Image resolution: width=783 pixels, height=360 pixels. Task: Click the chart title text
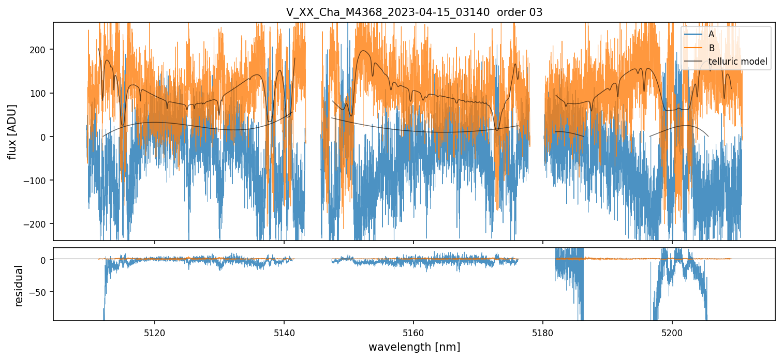(x=414, y=12)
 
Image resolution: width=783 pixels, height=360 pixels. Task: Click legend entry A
(x=712, y=34)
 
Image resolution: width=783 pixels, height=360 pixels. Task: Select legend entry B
(x=712, y=48)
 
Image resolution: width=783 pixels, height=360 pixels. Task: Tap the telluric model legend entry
(x=737, y=62)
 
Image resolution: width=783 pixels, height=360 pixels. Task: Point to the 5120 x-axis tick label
(x=154, y=331)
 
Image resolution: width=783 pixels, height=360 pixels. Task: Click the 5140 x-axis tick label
(x=284, y=331)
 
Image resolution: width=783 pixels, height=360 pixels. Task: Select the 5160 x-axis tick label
(x=413, y=331)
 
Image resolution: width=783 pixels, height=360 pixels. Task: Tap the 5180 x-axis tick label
(x=542, y=331)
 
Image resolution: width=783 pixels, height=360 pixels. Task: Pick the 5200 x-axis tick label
(x=672, y=331)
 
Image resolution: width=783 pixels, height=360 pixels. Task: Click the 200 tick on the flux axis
(x=40, y=50)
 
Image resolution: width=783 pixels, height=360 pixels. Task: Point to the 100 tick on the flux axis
(x=40, y=93)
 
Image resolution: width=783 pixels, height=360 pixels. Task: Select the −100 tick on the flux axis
(x=37, y=181)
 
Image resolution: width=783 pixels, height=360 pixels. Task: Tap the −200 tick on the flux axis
(x=37, y=224)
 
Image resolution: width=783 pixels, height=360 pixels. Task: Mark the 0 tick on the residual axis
(x=45, y=260)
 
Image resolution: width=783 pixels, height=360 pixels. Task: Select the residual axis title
(x=19, y=286)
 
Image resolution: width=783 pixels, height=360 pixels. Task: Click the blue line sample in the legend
(x=693, y=34)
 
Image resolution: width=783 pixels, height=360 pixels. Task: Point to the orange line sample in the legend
(x=693, y=48)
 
